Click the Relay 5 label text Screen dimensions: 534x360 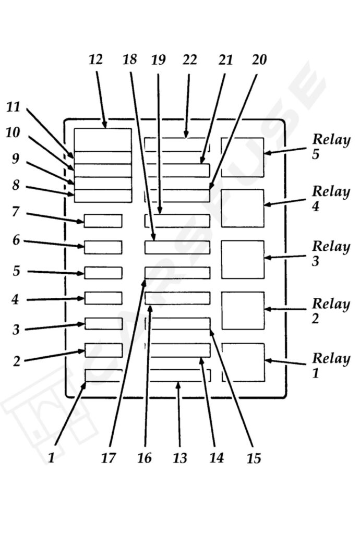[331, 147]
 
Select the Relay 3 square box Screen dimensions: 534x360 [243, 259]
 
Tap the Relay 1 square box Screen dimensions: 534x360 [243, 362]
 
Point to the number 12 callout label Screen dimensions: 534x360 [96, 59]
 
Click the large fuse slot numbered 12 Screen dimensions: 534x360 [103, 140]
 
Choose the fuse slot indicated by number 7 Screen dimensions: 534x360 [103, 221]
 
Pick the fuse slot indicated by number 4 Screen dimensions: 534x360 [103, 298]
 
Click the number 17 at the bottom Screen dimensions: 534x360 [109, 458]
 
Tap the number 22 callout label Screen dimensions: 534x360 [189, 59]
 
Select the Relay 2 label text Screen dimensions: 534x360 [331, 310]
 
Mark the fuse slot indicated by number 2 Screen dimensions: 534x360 [103, 350]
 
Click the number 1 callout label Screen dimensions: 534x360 [51, 458]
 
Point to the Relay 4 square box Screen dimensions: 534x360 [243, 208]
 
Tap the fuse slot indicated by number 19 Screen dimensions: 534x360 [177, 221]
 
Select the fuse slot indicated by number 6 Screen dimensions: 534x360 [103, 247]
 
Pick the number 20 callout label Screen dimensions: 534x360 [259, 59]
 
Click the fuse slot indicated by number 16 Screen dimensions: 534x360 [177, 298]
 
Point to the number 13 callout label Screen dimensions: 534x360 [180, 458]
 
